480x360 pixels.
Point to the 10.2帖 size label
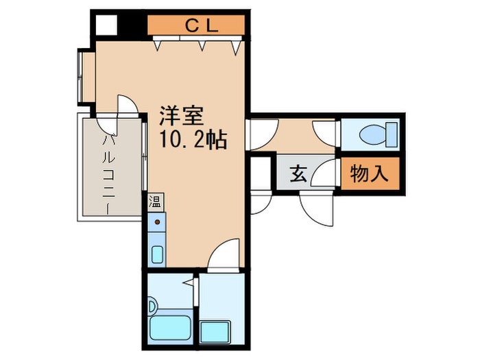pyautogui.click(x=193, y=139)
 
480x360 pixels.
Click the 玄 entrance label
pyautogui.click(x=297, y=174)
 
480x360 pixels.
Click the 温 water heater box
pyautogui.click(x=156, y=202)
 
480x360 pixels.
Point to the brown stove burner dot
pyautogui.click(x=156, y=222)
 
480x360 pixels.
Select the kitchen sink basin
pyautogui.click(x=156, y=254)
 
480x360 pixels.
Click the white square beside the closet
pyautogui.click(x=106, y=24)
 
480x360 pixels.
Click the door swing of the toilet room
pyautogui.click(x=324, y=134)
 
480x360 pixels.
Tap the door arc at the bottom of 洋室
pyautogui.click(x=225, y=255)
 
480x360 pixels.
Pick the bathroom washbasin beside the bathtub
pyautogui.click(x=154, y=300)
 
